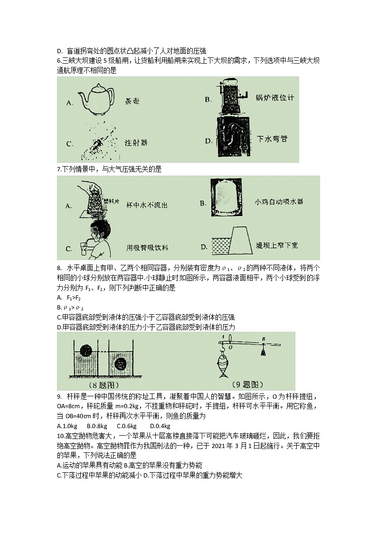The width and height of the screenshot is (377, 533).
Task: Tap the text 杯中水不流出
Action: coord(147,205)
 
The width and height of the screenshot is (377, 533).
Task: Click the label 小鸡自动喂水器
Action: coord(279,202)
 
